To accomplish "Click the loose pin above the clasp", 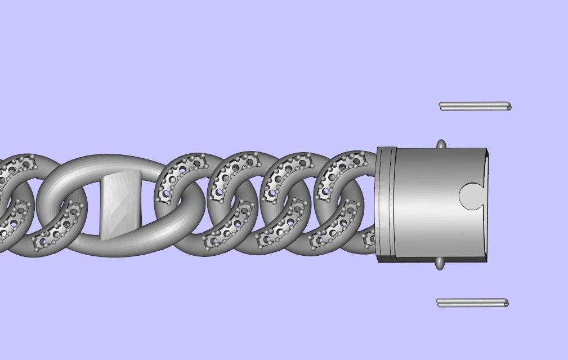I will pos(475,106).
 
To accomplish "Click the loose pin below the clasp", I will pos(472,303).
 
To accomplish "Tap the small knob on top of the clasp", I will pos(441,145).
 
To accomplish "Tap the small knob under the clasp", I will pos(440,263).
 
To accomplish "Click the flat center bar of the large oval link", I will pos(120,206).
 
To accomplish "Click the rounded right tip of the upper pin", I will pos(508,106).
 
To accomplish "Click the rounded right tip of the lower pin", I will pos(506,303).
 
